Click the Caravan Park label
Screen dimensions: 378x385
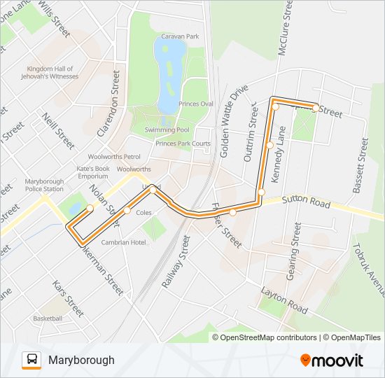click(x=180, y=36)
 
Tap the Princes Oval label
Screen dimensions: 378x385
click(x=195, y=104)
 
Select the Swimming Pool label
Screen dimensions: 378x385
click(x=167, y=129)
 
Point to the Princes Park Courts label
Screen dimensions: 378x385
click(x=183, y=143)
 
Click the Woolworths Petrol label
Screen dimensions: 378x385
click(x=114, y=157)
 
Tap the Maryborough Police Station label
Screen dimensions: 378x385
click(x=44, y=185)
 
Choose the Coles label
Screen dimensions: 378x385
click(x=143, y=212)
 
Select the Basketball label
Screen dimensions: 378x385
click(x=48, y=318)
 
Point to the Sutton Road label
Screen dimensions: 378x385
click(x=305, y=202)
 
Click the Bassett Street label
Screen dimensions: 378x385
click(x=360, y=166)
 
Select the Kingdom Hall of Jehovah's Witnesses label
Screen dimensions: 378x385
click(x=52, y=72)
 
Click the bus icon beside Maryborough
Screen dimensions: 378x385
click(x=31, y=360)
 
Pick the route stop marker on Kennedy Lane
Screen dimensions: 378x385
click(x=270, y=145)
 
